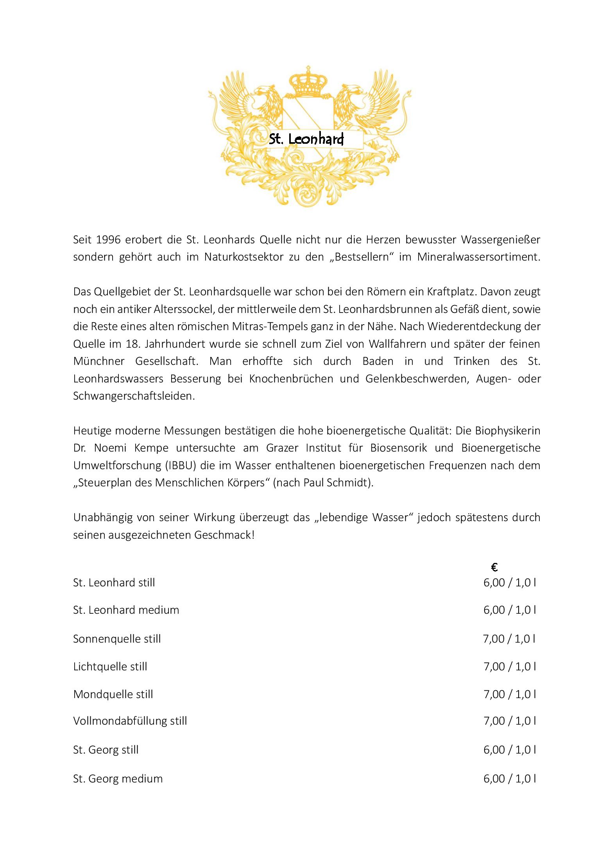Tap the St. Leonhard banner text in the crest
(x=306, y=139)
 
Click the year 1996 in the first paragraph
(x=107, y=239)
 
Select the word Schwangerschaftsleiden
(x=134, y=396)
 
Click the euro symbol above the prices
(x=494, y=567)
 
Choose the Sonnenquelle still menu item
(x=117, y=639)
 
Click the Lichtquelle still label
(x=110, y=666)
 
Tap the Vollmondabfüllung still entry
(x=130, y=721)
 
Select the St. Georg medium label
(x=118, y=779)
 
